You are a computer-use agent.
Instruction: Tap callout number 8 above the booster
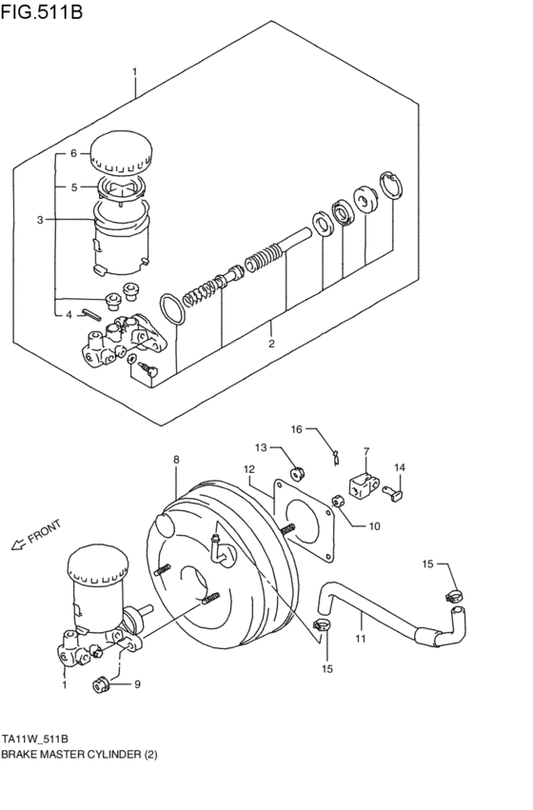[176, 461]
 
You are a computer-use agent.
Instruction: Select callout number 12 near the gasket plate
[248, 468]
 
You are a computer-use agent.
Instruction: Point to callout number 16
[296, 429]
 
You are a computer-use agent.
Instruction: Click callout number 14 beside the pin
[400, 467]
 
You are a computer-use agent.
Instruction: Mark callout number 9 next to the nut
[137, 683]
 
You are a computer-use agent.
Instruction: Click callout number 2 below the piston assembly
[271, 344]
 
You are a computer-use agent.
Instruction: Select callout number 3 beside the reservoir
[41, 220]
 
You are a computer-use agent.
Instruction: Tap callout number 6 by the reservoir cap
[72, 152]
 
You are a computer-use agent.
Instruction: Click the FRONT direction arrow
[17, 544]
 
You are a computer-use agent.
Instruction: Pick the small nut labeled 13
[295, 469]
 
